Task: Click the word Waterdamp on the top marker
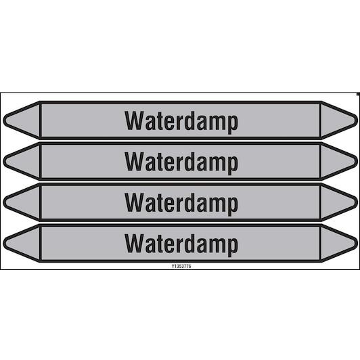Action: [181, 122]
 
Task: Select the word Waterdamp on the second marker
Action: [181, 162]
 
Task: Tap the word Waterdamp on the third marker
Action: [181, 204]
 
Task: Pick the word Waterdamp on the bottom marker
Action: [181, 244]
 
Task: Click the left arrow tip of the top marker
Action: [3, 120]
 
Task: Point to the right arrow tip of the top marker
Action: [357, 120]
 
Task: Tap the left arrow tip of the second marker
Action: [3, 161]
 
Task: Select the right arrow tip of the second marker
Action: [357, 161]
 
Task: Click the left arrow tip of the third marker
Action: [3, 202]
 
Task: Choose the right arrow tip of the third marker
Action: [357, 202]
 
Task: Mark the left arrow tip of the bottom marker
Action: [3, 243]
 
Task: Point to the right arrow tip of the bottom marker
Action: [357, 243]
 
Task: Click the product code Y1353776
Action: [181, 266]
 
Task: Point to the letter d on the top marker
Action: [189, 120]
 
